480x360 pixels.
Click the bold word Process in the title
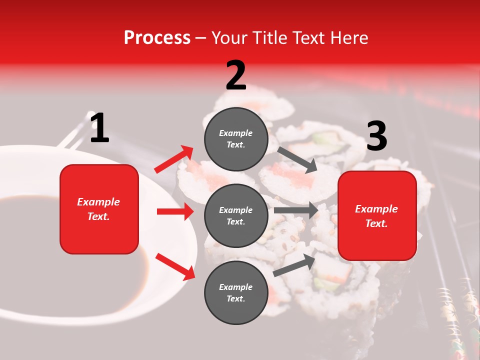point(157,38)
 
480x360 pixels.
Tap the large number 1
point(99,128)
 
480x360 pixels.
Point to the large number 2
point(236,75)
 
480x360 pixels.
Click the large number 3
point(376,136)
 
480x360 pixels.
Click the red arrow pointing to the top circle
point(174,159)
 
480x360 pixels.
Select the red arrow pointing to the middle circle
point(175,211)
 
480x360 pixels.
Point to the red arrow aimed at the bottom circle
point(175,266)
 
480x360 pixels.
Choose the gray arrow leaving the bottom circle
point(294,265)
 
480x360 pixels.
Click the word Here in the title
point(348,38)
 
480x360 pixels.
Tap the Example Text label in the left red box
point(98,209)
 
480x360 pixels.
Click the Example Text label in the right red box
point(376,216)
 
